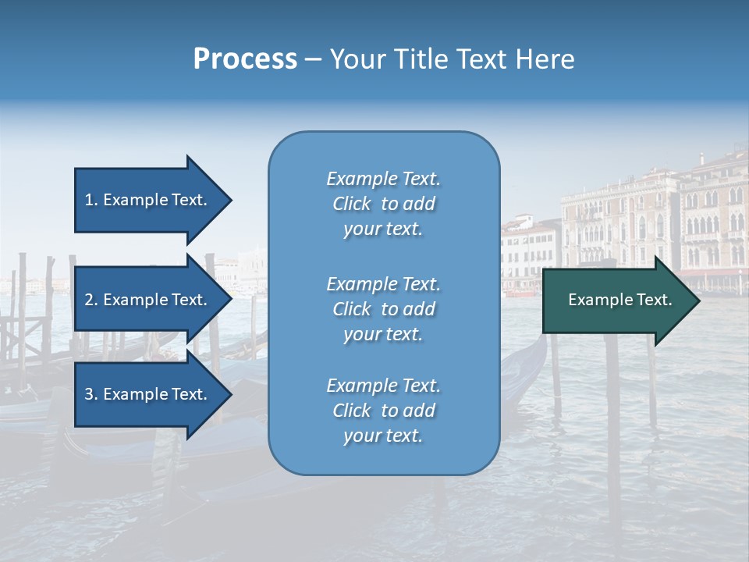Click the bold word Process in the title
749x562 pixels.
(x=245, y=59)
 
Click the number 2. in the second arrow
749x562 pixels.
(x=91, y=300)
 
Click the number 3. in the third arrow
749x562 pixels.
(x=91, y=394)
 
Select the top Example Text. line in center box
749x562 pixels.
(x=383, y=179)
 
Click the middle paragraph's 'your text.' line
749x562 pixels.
(x=383, y=334)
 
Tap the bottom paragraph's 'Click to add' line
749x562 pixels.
(x=383, y=411)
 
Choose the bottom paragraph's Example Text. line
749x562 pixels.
(x=383, y=386)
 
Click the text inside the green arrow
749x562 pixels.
(x=619, y=300)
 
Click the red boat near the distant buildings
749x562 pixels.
(x=520, y=293)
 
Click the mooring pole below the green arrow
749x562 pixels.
(x=612, y=406)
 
